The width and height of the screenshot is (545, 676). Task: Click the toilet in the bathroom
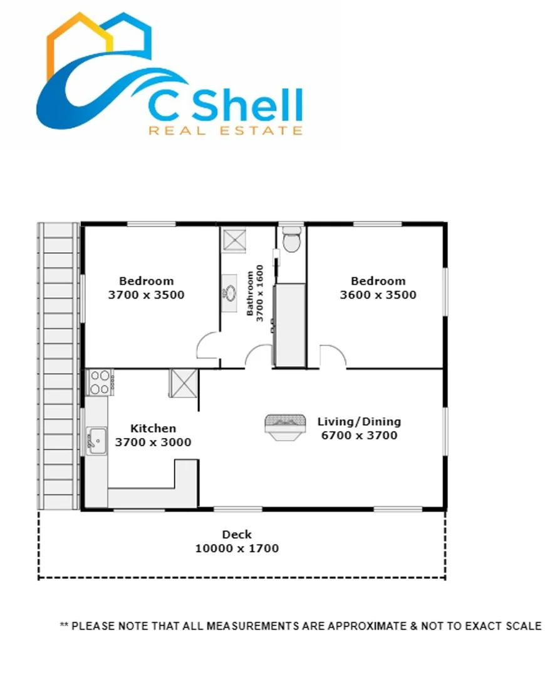coord(291,240)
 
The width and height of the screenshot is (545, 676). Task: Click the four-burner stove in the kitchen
coord(99,382)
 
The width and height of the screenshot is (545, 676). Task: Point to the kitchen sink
coord(96,441)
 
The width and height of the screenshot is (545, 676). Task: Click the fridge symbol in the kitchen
coord(184,382)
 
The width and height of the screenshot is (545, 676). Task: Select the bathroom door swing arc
coord(258,357)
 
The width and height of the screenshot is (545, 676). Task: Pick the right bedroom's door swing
coord(333,357)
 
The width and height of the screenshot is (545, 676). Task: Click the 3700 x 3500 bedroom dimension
coord(146,295)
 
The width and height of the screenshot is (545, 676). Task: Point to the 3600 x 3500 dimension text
coord(378,295)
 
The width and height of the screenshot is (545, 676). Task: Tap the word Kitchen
coord(153,429)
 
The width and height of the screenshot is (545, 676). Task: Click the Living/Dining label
coord(359,421)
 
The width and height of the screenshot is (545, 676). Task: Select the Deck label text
coord(237,535)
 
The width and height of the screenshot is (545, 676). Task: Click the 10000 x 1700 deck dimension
coord(237,548)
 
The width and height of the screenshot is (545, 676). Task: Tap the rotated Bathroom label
coord(251,294)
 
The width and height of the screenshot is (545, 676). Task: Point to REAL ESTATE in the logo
coord(226,130)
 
